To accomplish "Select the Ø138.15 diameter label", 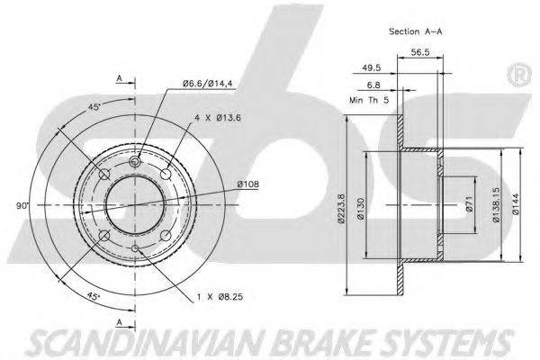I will point(498,206).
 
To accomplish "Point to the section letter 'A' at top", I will point(121,78).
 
